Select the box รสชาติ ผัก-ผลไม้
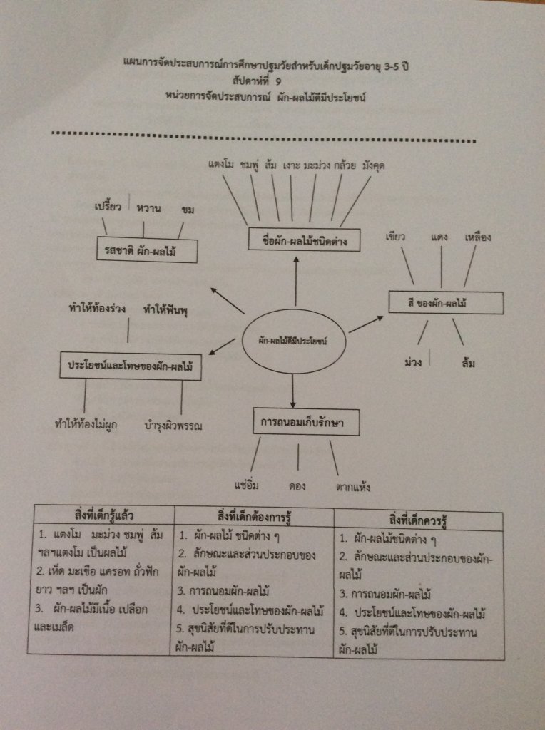tap(146, 250)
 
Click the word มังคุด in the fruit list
tap(374, 165)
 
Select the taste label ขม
tap(188, 210)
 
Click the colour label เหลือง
tap(477, 237)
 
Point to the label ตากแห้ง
tap(352, 488)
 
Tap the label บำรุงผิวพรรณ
tap(173, 426)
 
